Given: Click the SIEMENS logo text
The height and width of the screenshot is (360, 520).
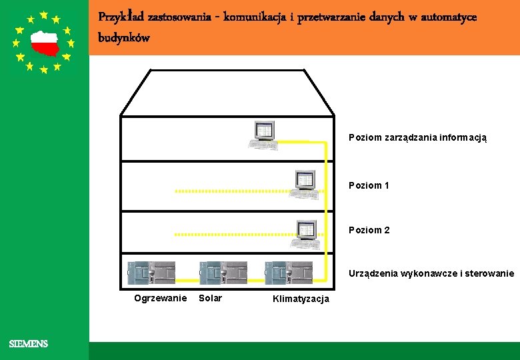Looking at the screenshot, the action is click(29, 344).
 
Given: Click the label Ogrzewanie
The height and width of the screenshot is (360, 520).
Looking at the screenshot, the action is click(160, 298).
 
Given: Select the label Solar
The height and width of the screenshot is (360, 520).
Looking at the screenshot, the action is click(210, 298).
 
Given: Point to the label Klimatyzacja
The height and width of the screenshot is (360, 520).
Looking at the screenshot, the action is click(301, 299).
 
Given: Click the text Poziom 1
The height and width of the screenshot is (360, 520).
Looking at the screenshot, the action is click(369, 185).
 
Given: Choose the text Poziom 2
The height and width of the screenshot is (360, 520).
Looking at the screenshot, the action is click(369, 230).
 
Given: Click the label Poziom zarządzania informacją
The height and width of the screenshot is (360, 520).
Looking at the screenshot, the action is click(417, 137).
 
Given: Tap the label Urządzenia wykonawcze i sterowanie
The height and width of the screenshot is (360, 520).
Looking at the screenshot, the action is click(431, 273).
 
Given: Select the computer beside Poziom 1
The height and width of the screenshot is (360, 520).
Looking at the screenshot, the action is click(305, 183).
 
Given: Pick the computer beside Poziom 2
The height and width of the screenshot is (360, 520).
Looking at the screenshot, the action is click(305, 234).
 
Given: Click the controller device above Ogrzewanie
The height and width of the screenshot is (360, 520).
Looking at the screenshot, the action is click(152, 273).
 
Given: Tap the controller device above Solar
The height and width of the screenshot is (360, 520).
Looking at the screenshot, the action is click(223, 273).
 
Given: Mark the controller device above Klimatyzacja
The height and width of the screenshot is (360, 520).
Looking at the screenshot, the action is click(288, 273).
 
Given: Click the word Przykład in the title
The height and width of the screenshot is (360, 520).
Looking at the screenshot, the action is click(121, 16).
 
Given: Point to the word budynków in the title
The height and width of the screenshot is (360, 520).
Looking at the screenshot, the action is click(124, 37).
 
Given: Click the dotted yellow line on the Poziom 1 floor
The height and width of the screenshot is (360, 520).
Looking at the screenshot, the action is click(233, 191).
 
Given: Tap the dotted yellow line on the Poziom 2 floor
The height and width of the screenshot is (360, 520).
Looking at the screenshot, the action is click(233, 235).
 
